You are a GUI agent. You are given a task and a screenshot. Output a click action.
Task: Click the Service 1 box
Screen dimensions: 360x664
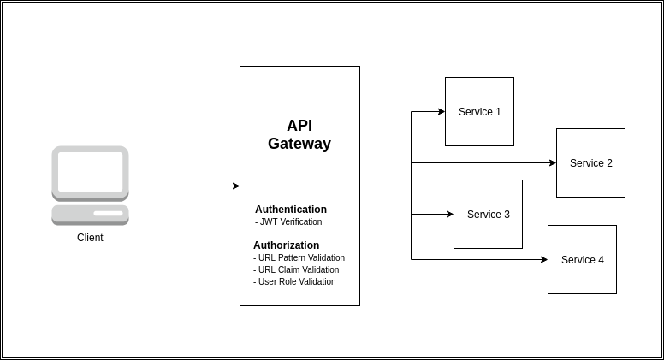point(479,111)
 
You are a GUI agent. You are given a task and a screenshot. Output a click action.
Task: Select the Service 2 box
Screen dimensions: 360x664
point(590,162)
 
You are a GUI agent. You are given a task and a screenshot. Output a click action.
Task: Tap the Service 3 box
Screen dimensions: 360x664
point(488,214)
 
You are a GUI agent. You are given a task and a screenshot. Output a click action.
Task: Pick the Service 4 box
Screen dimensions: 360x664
point(582,259)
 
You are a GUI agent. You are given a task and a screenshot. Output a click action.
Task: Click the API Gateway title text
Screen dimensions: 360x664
point(299,134)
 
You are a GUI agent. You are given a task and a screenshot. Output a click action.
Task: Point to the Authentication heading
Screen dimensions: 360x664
point(291,210)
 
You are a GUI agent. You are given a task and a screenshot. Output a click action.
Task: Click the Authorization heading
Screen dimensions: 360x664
point(287,245)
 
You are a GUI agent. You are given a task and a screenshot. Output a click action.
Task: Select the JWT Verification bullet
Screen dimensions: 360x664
point(289,221)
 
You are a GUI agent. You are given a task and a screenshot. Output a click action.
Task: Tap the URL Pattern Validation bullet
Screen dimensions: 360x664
point(299,257)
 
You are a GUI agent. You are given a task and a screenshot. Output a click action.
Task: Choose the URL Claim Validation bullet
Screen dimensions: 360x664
point(297,269)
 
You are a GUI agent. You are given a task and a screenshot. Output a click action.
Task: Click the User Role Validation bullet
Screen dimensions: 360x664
point(295,281)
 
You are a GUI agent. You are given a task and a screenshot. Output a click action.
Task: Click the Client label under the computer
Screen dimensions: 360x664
point(90,238)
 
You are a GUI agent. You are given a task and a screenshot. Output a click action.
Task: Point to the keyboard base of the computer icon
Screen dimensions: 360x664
point(90,214)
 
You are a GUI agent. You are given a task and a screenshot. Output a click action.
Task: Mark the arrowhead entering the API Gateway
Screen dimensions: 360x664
point(235,186)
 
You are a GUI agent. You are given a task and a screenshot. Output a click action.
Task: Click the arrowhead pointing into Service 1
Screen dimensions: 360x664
point(441,111)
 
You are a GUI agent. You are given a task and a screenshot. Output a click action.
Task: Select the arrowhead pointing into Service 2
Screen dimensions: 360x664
point(552,162)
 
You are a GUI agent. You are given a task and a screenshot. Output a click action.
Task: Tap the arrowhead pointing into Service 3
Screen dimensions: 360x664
point(449,214)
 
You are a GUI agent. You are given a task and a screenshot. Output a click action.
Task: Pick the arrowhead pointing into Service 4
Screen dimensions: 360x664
point(543,259)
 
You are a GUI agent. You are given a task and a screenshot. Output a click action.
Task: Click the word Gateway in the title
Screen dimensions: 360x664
point(299,144)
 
